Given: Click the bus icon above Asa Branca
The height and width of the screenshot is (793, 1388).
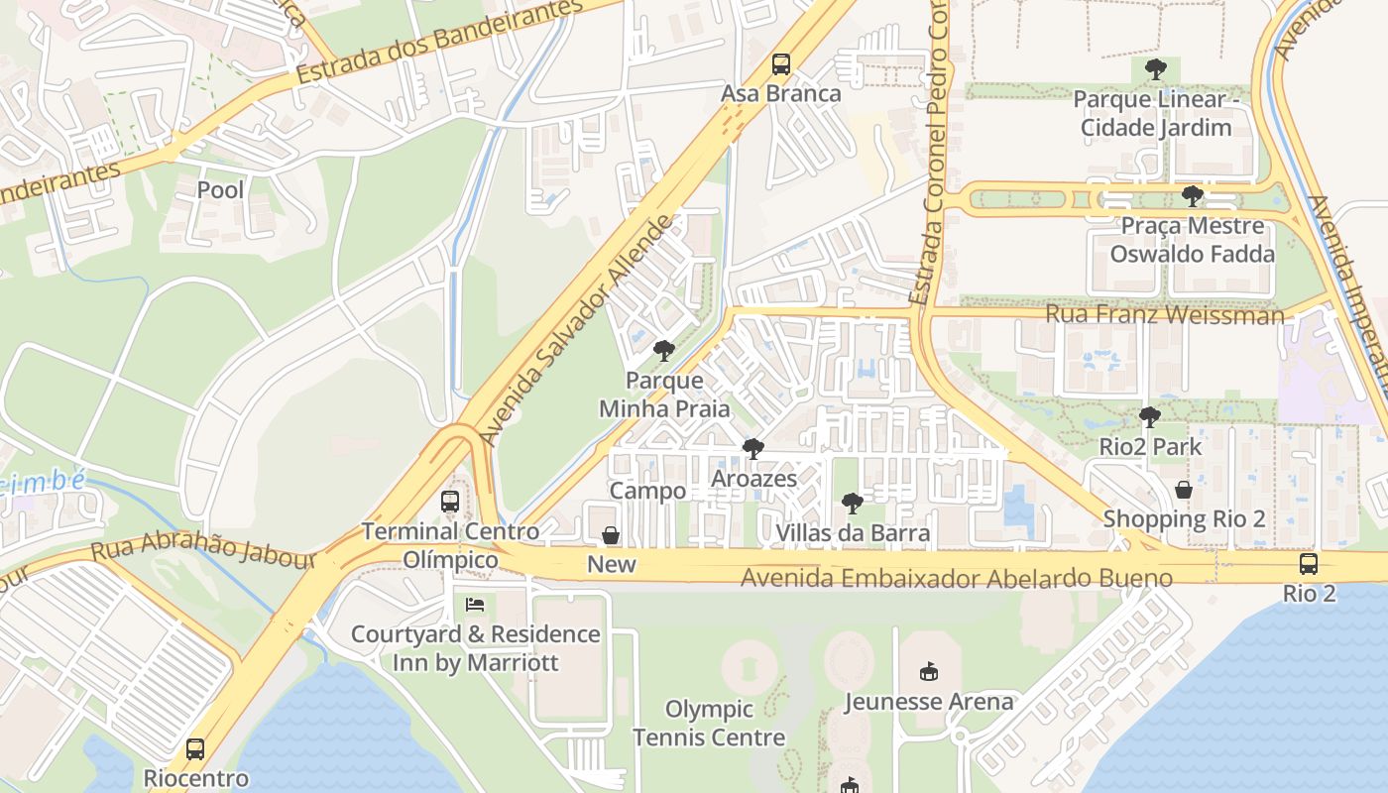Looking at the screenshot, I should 781,65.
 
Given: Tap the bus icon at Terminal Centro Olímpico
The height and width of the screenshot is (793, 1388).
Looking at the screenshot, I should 450,502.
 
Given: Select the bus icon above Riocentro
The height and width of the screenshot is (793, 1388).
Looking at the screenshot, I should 195,749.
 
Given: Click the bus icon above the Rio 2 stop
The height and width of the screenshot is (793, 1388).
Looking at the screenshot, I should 1309,565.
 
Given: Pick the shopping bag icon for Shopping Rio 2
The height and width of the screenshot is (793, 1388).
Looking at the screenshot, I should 1184,490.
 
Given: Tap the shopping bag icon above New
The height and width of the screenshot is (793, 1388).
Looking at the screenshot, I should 612,536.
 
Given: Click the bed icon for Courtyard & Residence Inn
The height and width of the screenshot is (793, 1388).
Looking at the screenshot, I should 476,605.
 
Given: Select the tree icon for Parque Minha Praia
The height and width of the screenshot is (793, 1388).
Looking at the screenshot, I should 664,351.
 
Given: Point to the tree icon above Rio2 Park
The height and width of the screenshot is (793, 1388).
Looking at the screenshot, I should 1150,417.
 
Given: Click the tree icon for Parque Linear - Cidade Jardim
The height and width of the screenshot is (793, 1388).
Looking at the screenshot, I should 1155,69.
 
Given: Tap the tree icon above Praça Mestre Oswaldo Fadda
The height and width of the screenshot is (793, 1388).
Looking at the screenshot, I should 1193,196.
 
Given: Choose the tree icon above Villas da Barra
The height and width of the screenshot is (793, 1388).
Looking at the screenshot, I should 852,504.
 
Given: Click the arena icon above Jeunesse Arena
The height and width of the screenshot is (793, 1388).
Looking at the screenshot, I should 928,672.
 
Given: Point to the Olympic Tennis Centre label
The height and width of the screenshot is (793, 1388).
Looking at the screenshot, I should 709,724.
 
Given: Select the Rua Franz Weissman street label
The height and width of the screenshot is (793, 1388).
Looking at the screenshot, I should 1165,315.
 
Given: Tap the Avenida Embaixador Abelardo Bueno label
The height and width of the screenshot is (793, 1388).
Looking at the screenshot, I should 957,578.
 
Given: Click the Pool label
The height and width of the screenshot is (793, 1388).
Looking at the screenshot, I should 220,189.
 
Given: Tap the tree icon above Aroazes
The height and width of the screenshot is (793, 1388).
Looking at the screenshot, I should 753,449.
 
